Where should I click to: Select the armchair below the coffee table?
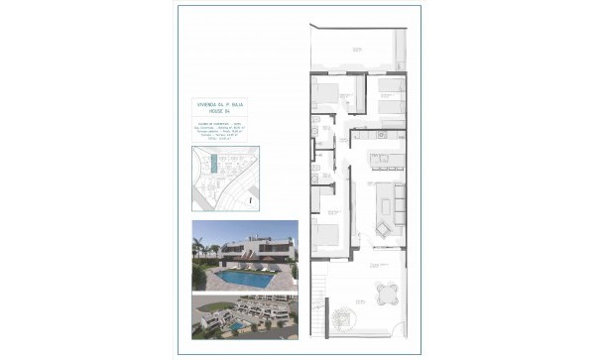[382, 229]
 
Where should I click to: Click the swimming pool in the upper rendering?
[243, 281]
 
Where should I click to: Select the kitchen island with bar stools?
[384, 160]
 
